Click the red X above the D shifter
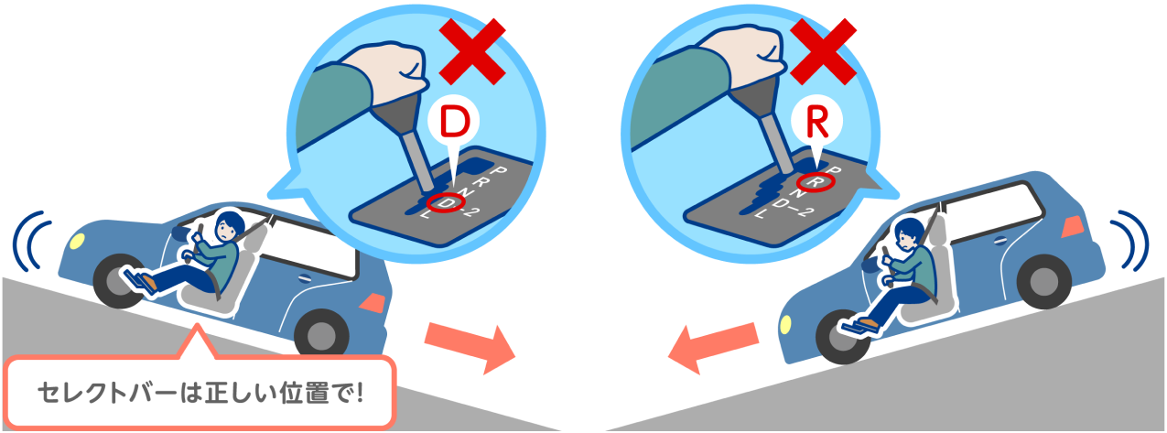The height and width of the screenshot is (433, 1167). click(472, 51)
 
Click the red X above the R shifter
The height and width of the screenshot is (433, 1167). click(823, 51)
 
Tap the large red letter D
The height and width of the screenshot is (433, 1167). click(454, 122)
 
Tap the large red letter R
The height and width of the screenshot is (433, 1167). click(816, 123)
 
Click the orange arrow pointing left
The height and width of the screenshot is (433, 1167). click(713, 348)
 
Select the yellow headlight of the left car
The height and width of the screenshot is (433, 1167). click(77, 242)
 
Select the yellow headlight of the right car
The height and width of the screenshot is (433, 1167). click(784, 324)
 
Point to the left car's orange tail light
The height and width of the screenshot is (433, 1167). click(373, 302)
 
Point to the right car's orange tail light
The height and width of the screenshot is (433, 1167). click(1072, 227)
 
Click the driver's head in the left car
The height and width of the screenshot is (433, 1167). click(228, 225)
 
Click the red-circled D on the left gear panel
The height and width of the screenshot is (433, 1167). click(445, 202)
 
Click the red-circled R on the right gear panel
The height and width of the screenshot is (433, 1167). click(816, 182)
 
